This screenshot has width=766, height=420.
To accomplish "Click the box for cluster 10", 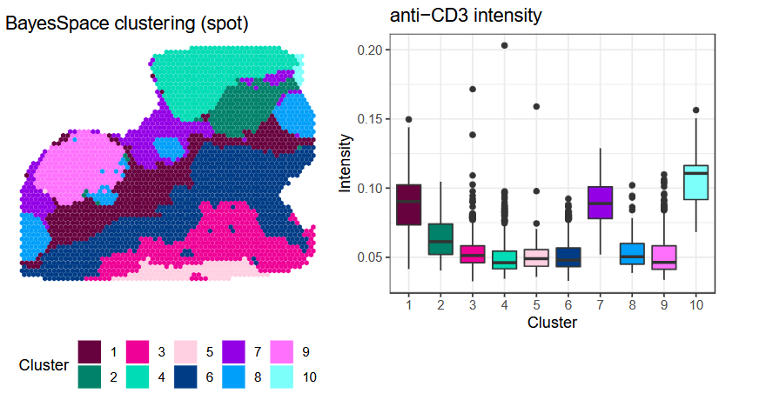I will coord(695,182).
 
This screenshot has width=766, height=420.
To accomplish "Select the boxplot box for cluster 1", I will coord(408,204).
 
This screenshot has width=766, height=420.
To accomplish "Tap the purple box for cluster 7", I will coord(600,203).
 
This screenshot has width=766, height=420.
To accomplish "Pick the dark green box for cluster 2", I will coord(440,239).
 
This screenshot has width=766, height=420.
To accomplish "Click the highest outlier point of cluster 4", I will coord(504,45).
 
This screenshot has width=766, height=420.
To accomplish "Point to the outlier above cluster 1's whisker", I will coord(408,119).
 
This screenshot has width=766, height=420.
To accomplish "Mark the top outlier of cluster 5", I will coord(536,107).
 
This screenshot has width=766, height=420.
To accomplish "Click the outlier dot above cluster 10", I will coord(695,110).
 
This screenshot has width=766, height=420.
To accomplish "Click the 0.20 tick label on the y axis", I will coord(370,50).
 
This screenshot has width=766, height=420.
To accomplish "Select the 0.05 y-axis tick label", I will coord(370,257).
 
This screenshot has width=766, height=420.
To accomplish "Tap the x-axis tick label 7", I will coord(600,305).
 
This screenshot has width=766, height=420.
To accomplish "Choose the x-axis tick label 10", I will coord(695,305).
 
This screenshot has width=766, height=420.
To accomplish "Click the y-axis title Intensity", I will coord(346,163).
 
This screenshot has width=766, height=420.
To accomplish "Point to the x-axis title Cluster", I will coord(552,323).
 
